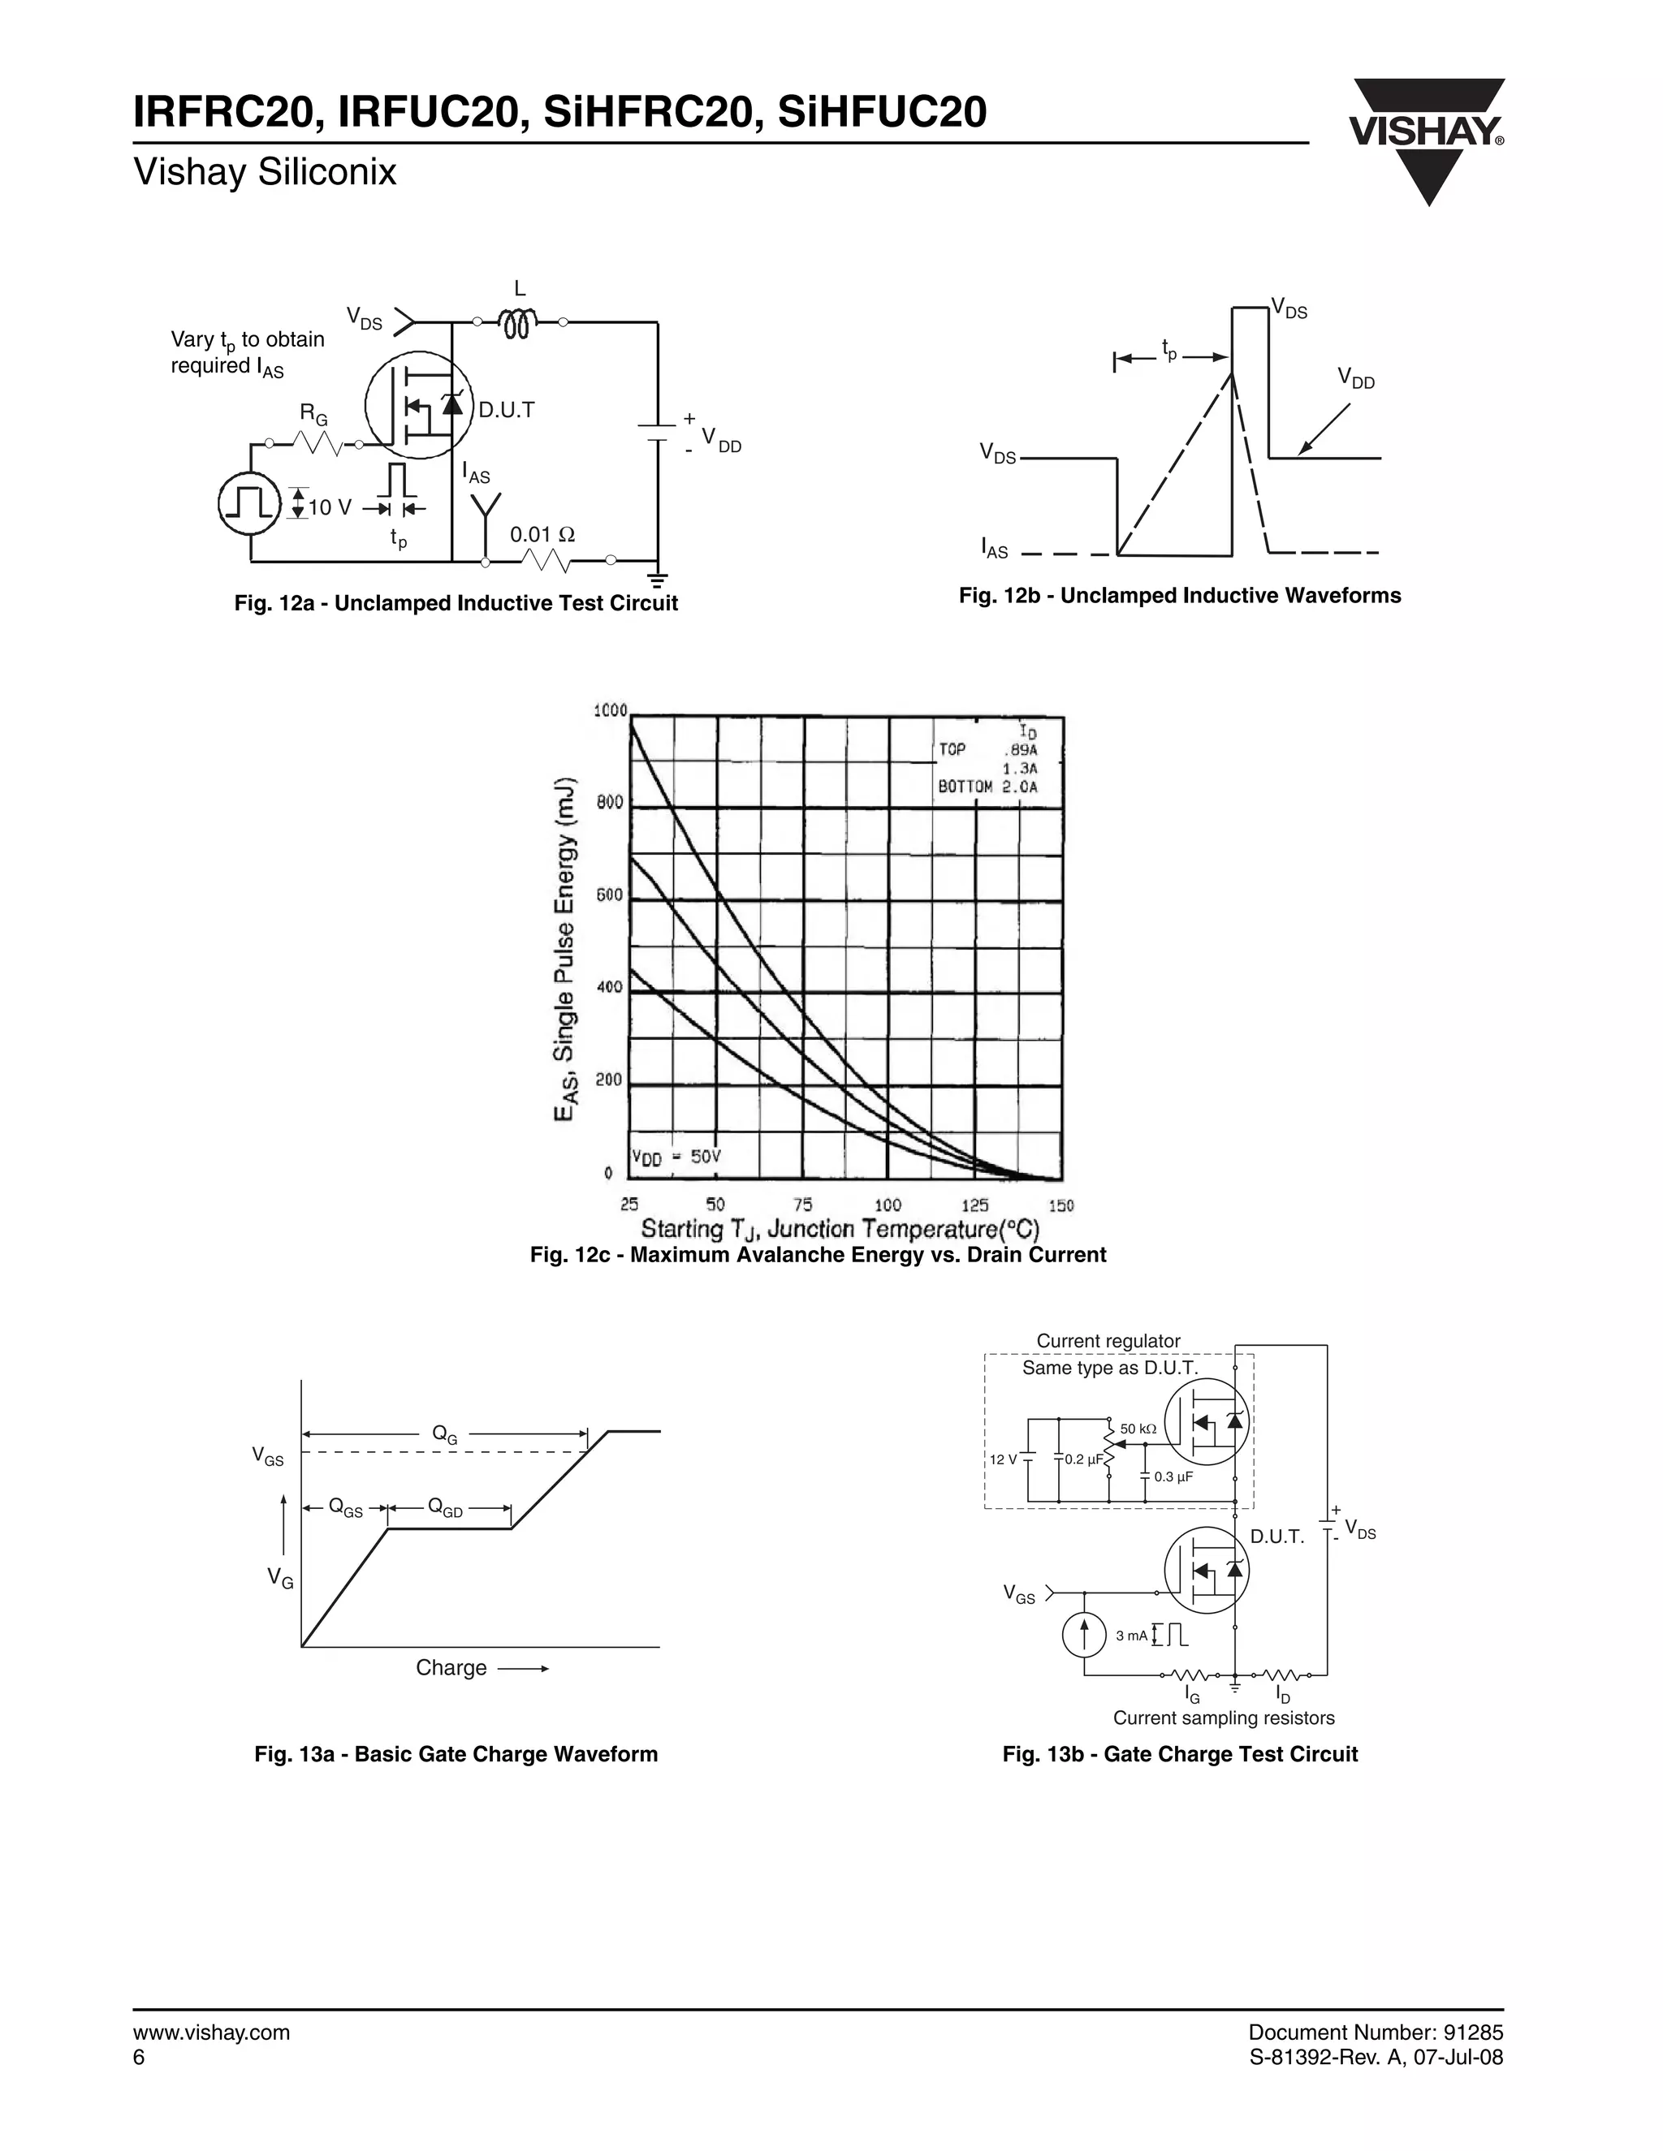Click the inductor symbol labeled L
519,323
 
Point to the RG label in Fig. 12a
313,415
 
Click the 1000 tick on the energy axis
610,711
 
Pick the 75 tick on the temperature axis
803,1205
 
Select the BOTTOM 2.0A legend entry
987,787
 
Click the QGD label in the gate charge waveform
445,1507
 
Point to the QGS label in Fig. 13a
345,1507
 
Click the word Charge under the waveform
451,1667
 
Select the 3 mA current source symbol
1085,1636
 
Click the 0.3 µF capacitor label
1173,1476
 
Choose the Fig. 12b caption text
1179,596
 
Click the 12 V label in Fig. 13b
1003,1459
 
